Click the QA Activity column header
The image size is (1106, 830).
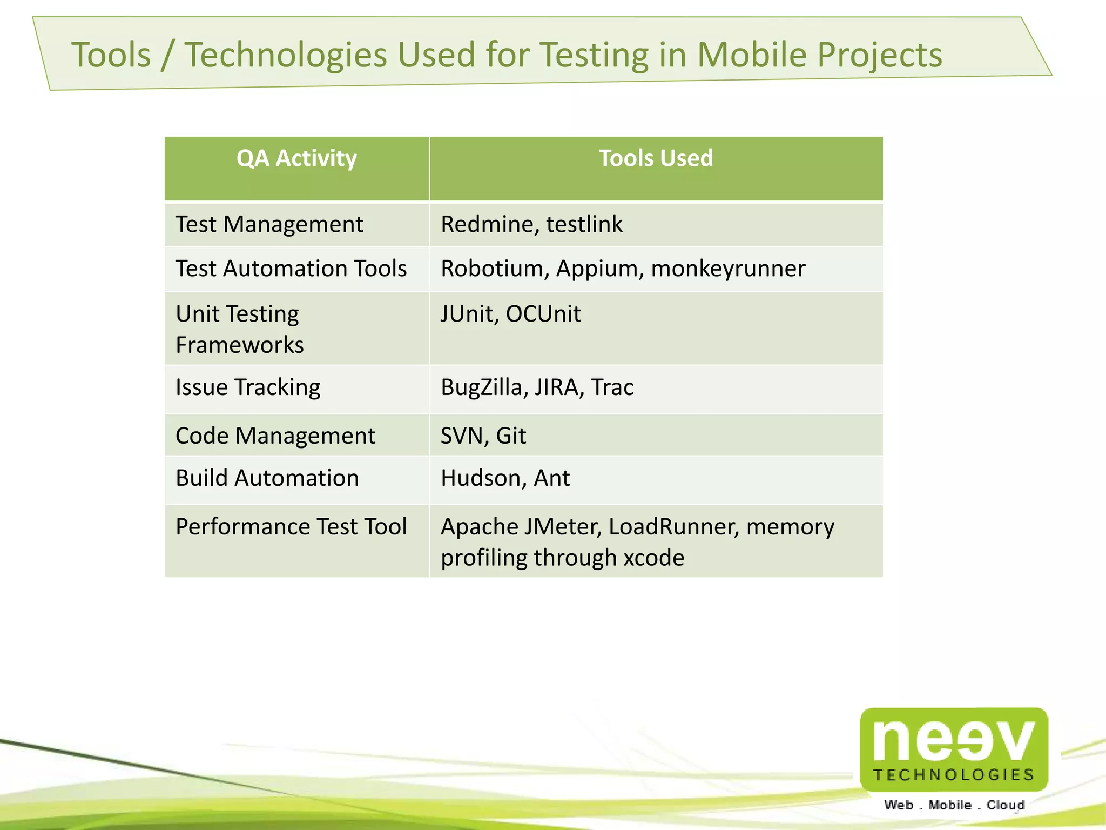coord(296,158)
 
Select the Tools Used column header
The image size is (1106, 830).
coord(656,158)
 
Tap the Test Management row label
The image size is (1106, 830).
coord(269,224)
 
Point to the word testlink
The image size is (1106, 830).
coord(584,224)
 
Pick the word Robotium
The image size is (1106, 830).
coord(491,269)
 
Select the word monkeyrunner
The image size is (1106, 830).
coord(728,269)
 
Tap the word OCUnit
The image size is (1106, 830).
coord(543,314)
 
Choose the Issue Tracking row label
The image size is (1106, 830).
coord(248,387)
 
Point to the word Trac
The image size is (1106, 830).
coord(612,387)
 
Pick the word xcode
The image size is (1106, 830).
coord(654,558)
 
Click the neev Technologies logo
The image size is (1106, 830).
coord(954,749)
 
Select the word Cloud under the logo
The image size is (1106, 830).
coord(1006,805)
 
